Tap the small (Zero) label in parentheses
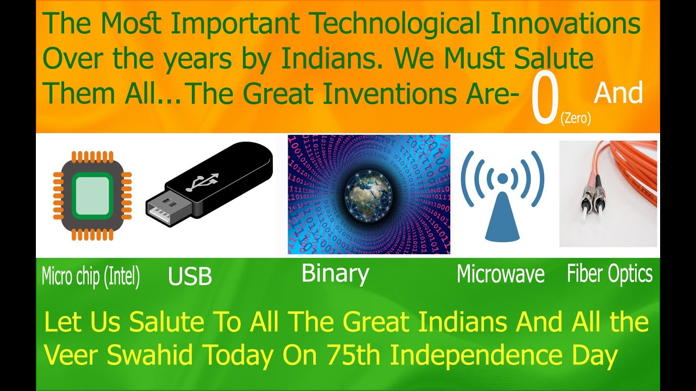pos(575,118)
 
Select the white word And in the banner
pos(618,93)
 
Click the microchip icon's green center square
pos(92,195)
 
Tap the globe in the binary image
pos(369,194)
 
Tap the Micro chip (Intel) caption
pos(91,277)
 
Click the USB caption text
pos(190,277)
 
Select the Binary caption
pos(335,273)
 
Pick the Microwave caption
pos(500,274)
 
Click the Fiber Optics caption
pos(610,274)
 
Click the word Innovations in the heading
pos(565,24)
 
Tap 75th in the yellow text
pos(356,356)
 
